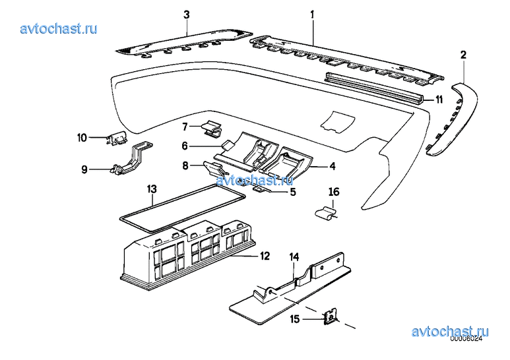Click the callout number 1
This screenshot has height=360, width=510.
click(x=312, y=15)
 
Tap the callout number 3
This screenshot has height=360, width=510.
click(x=186, y=15)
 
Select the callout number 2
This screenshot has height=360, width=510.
click(x=464, y=55)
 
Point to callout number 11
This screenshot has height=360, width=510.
click(x=439, y=100)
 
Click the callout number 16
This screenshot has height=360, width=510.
click(x=334, y=192)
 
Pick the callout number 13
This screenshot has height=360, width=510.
click(x=152, y=189)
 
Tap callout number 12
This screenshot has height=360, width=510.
click(x=265, y=256)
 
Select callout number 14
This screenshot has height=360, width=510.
click(x=294, y=257)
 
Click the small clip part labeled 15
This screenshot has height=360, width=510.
click(x=330, y=317)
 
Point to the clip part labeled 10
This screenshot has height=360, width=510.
click(x=117, y=138)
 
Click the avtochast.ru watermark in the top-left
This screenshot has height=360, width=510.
click(x=59, y=28)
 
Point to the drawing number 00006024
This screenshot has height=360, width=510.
click(x=466, y=338)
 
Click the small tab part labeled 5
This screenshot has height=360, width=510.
click(x=262, y=189)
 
